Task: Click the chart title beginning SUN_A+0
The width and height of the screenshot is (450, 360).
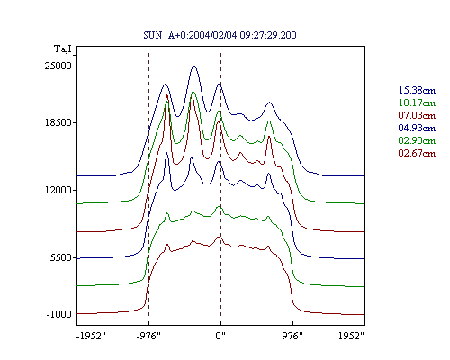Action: click(x=220, y=35)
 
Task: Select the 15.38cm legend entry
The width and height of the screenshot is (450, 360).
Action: click(x=417, y=90)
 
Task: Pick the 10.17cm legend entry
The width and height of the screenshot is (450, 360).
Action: click(x=417, y=103)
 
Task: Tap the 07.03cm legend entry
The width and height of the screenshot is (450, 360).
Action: click(x=417, y=115)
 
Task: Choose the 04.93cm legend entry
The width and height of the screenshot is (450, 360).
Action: click(x=417, y=128)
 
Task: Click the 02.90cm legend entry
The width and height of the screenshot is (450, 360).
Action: click(x=417, y=140)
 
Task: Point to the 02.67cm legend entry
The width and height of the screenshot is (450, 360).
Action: click(x=417, y=153)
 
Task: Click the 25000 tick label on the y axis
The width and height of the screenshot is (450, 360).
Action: click(x=58, y=66)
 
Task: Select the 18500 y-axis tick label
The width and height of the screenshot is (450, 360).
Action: click(x=58, y=122)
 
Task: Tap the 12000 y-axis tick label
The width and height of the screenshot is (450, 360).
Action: click(x=58, y=190)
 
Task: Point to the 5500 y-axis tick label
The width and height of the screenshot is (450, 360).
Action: click(x=61, y=257)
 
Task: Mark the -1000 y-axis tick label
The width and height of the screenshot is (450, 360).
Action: click(x=58, y=314)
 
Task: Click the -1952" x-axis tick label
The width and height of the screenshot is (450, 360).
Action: click(x=91, y=336)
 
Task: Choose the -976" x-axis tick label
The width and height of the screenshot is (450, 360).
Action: click(x=148, y=336)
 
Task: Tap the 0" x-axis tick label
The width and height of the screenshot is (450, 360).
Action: click(x=220, y=336)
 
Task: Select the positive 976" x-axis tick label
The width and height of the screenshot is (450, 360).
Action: click(x=292, y=336)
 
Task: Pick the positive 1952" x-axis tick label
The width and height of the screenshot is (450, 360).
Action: click(x=351, y=336)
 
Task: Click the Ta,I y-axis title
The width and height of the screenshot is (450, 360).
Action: click(x=63, y=49)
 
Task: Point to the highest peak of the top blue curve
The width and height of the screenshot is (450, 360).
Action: click(x=194, y=66)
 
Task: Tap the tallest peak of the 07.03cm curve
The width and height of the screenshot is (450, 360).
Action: click(x=167, y=94)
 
